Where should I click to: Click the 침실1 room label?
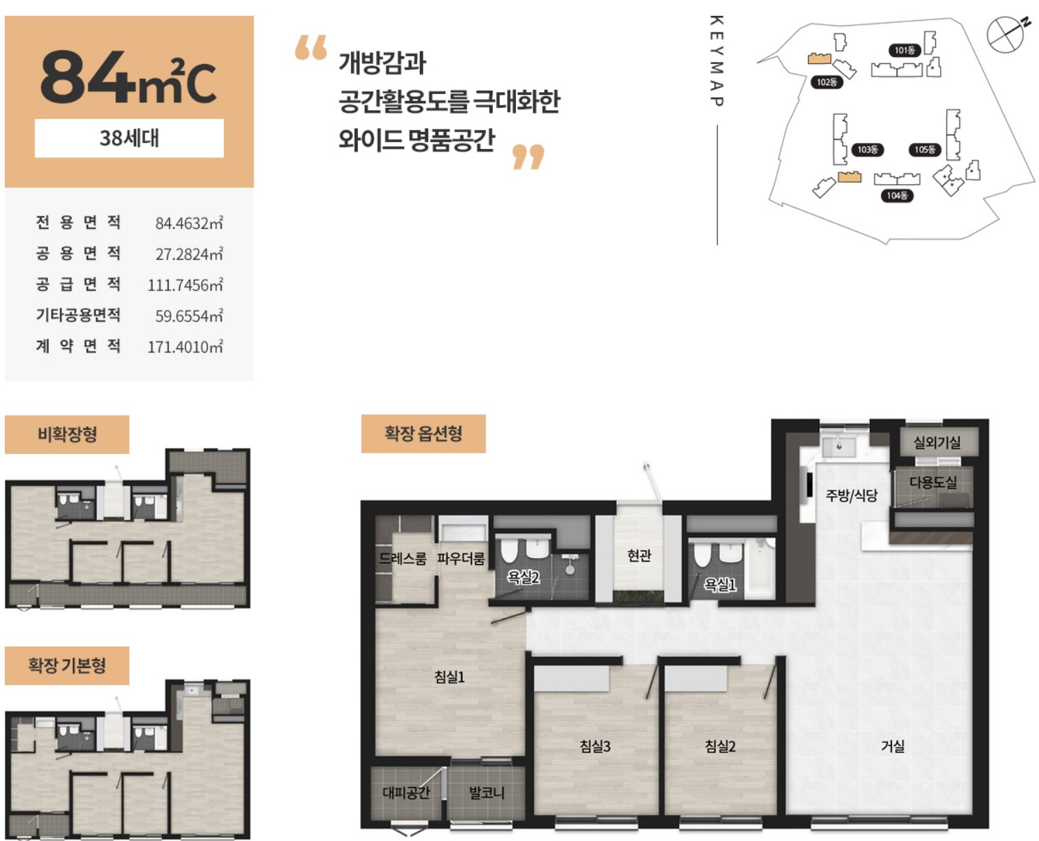(x=449, y=677)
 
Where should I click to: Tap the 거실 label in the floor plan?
(x=892, y=746)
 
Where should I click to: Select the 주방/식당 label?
(x=851, y=495)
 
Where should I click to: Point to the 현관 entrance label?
(x=639, y=555)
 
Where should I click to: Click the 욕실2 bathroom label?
(x=523, y=577)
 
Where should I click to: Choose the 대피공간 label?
(x=406, y=793)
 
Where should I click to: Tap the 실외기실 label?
(x=937, y=442)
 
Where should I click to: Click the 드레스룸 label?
(x=403, y=558)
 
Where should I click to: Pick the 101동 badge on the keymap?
(x=904, y=50)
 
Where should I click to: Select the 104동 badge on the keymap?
(x=897, y=196)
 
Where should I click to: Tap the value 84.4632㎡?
(x=189, y=223)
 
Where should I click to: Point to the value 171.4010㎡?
(x=186, y=346)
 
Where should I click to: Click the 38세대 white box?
(x=129, y=138)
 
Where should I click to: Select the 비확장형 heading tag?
(x=67, y=434)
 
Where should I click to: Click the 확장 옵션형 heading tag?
(x=423, y=433)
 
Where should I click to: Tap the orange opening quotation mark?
(x=311, y=47)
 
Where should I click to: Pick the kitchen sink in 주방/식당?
(x=838, y=446)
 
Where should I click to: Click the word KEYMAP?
(x=717, y=61)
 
